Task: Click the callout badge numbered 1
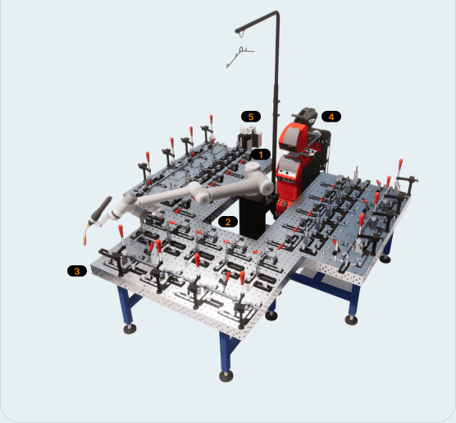261,154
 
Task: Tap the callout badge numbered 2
228,222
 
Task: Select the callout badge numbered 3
77,271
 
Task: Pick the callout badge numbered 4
331,117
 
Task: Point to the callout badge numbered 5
251,117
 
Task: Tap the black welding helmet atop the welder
305,116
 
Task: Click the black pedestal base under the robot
253,217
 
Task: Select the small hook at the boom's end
241,34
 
